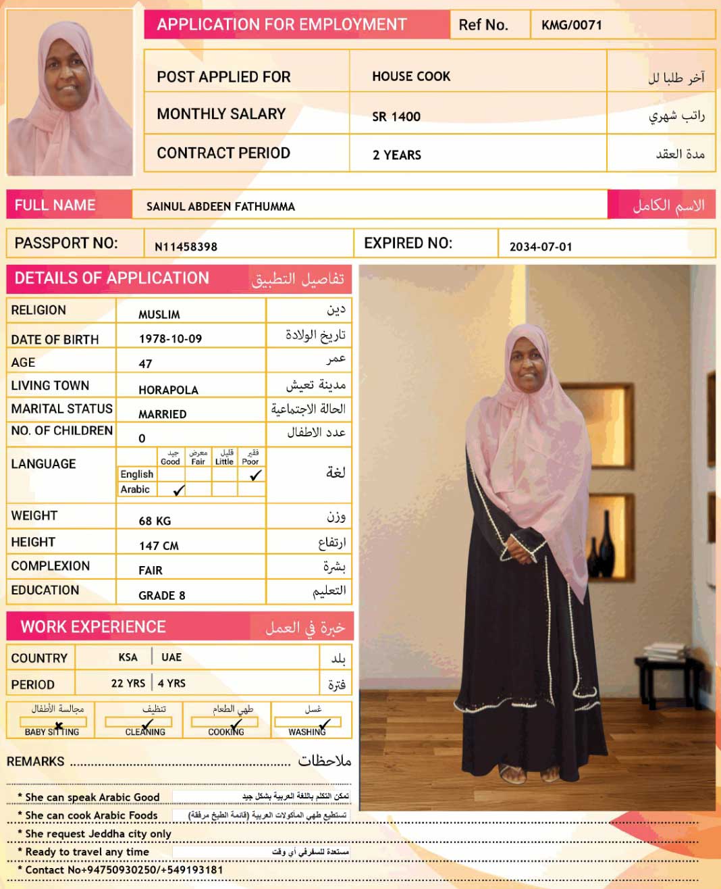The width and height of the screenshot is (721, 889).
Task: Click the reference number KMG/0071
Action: click(x=571, y=26)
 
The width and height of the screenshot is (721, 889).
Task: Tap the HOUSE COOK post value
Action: click(x=410, y=77)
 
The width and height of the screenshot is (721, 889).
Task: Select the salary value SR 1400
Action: click(x=396, y=117)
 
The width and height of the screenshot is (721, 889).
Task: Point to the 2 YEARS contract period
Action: click(x=396, y=155)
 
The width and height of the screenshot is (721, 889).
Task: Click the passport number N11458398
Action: click(x=186, y=247)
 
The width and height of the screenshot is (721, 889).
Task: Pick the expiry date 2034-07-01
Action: click(x=540, y=247)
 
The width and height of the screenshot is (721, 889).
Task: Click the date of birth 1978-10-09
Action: click(x=170, y=339)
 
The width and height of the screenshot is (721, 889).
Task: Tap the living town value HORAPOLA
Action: click(x=168, y=390)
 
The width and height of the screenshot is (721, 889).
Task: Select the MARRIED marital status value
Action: click(x=162, y=414)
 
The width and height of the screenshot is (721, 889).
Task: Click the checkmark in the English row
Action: click(x=255, y=476)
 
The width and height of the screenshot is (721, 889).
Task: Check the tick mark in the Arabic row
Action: click(x=179, y=490)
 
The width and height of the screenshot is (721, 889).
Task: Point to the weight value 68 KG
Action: click(x=155, y=521)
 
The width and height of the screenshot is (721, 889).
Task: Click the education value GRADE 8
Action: click(x=161, y=595)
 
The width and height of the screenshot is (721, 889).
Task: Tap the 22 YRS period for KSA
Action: click(x=128, y=683)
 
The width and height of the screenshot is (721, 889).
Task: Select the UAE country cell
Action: click(x=171, y=657)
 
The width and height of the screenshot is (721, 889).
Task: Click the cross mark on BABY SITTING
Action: click(x=59, y=726)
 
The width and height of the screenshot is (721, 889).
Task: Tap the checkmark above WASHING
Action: click(x=324, y=725)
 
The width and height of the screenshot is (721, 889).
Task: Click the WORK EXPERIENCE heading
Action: click(x=93, y=627)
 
